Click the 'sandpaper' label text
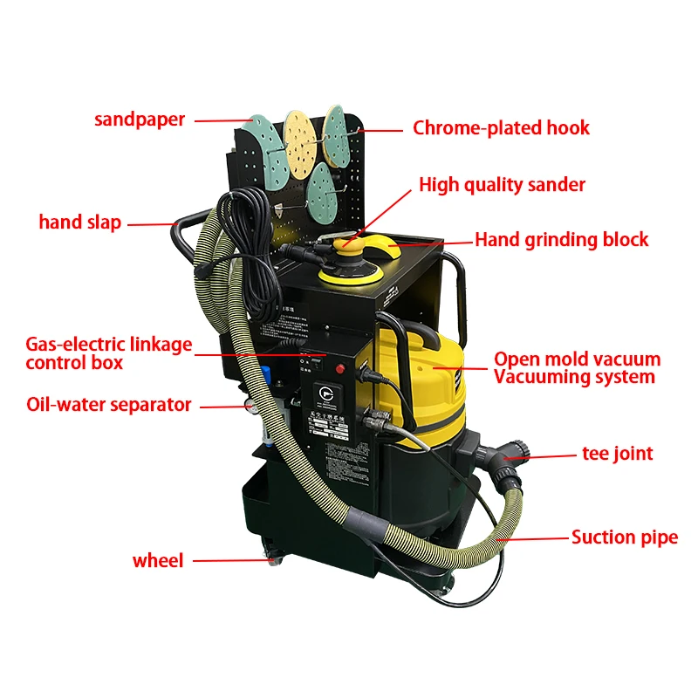tap(140, 120)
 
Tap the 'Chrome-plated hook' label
tap(501, 128)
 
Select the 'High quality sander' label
tap(502, 185)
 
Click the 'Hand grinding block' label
tap(561, 240)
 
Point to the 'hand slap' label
tap(79, 222)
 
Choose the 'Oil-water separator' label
tap(108, 405)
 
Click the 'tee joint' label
tap(617, 454)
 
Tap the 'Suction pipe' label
tap(624, 537)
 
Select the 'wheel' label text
tap(158, 561)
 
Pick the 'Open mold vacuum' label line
tap(577, 359)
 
